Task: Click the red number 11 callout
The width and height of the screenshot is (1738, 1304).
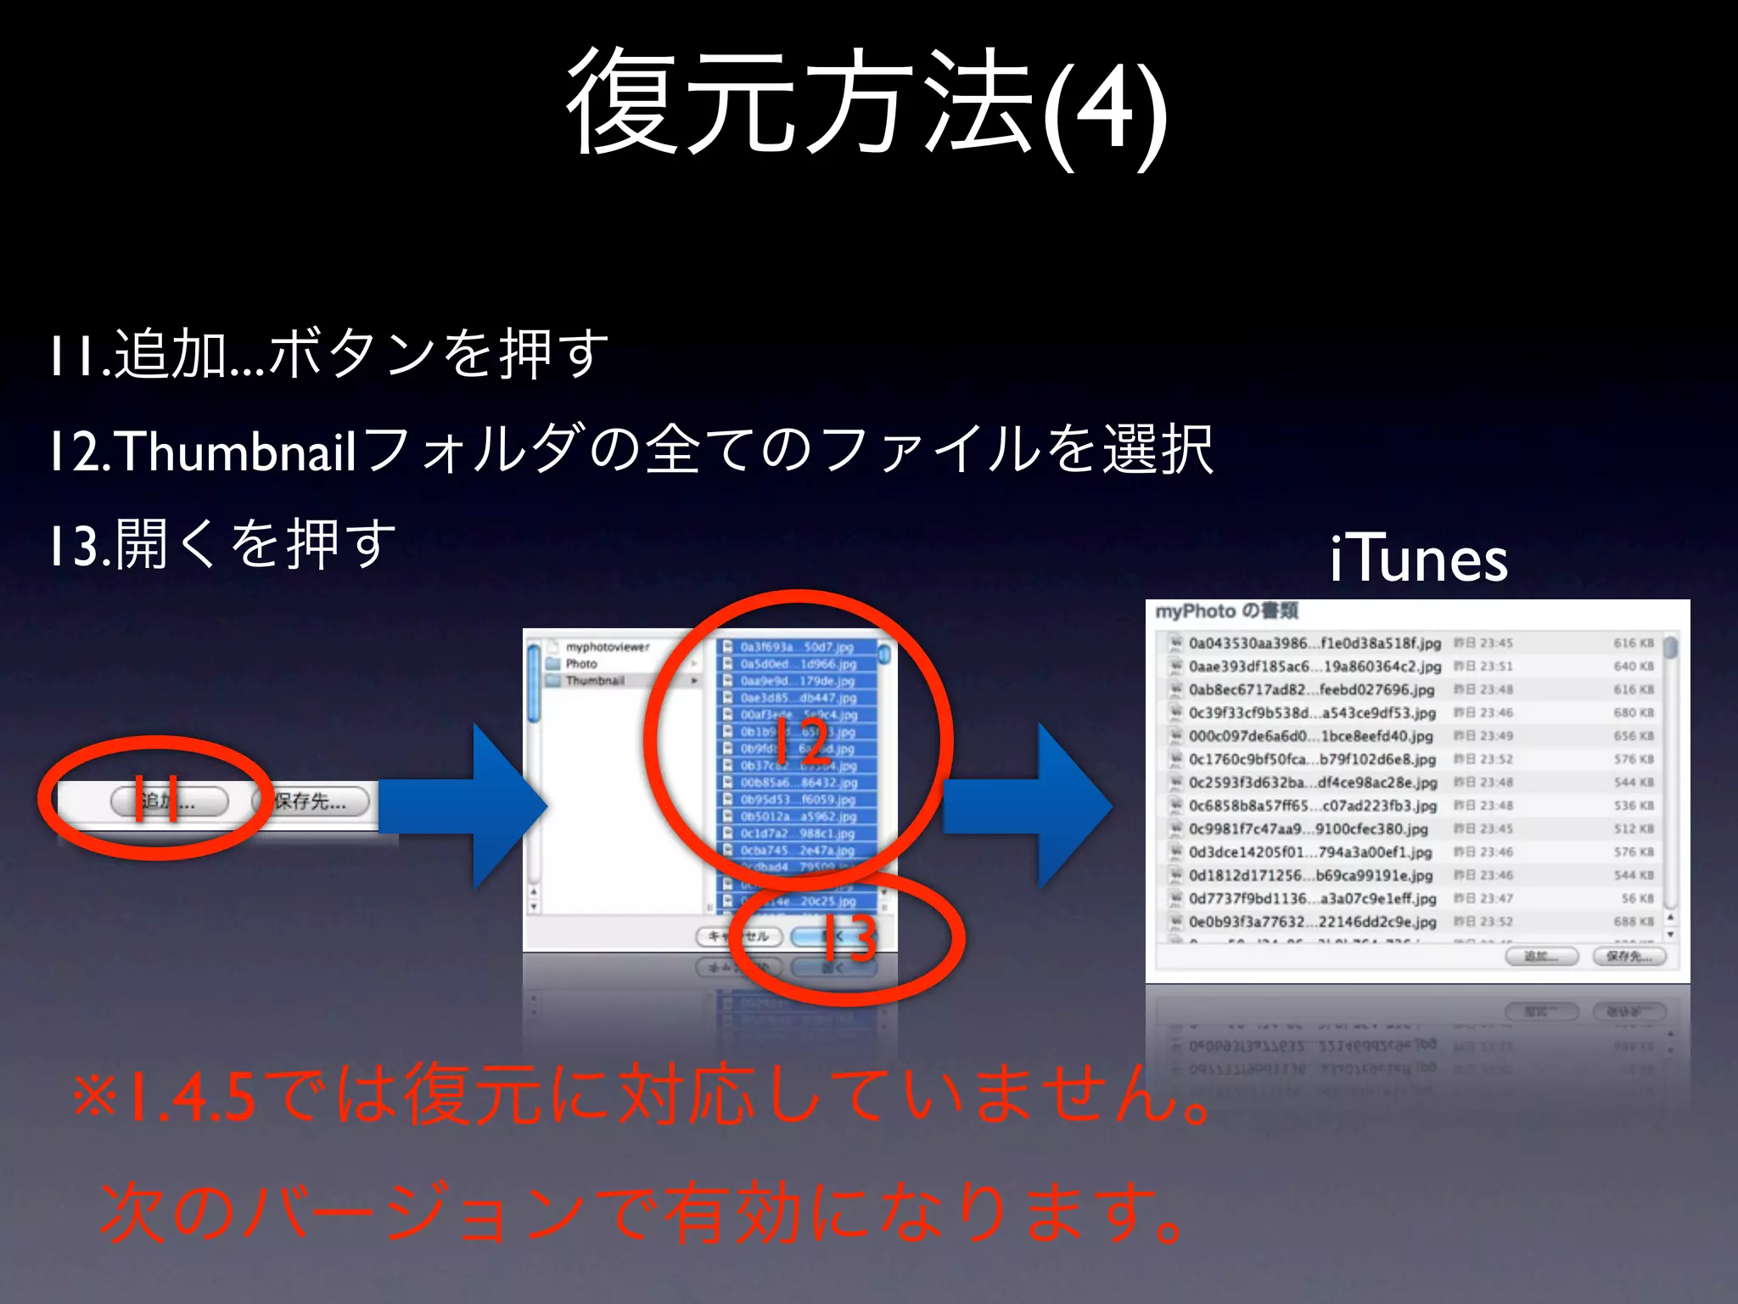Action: pos(156,799)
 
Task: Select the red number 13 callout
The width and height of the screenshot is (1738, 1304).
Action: pos(849,938)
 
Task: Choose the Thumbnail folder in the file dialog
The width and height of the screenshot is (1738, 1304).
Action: pos(595,681)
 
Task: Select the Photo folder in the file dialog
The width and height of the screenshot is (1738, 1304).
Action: pos(581,664)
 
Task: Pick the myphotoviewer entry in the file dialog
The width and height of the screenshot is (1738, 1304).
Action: pos(608,647)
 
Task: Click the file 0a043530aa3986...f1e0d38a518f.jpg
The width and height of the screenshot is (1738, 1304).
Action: pos(1315,644)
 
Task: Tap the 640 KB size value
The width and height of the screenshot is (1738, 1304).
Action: pos(1633,666)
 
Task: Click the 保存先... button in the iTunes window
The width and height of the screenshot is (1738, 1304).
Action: pos(1629,957)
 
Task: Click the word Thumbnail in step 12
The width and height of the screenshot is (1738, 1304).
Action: pos(236,451)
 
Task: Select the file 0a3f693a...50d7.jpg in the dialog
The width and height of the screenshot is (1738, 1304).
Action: pos(796,647)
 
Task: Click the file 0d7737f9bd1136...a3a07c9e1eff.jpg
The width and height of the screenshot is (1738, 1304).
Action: pos(1312,898)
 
